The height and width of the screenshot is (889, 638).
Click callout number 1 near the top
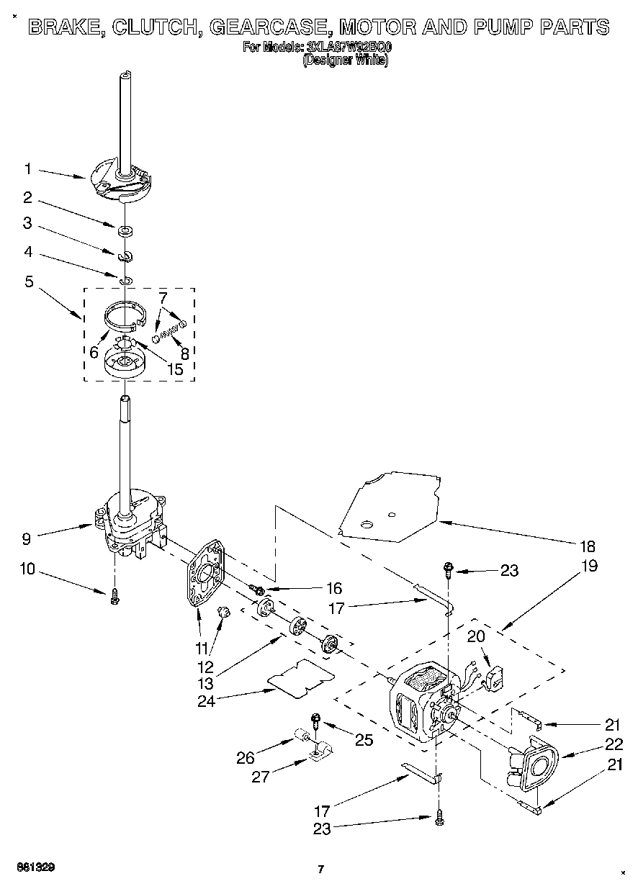click(x=27, y=170)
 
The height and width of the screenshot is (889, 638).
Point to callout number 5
click(x=29, y=281)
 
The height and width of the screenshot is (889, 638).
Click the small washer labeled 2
click(x=126, y=232)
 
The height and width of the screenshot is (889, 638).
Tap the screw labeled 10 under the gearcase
click(x=114, y=597)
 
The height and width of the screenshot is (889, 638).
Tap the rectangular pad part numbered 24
click(x=300, y=677)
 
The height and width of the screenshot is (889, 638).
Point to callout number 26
click(x=246, y=757)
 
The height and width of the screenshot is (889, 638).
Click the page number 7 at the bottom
click(x=321, y=869)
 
